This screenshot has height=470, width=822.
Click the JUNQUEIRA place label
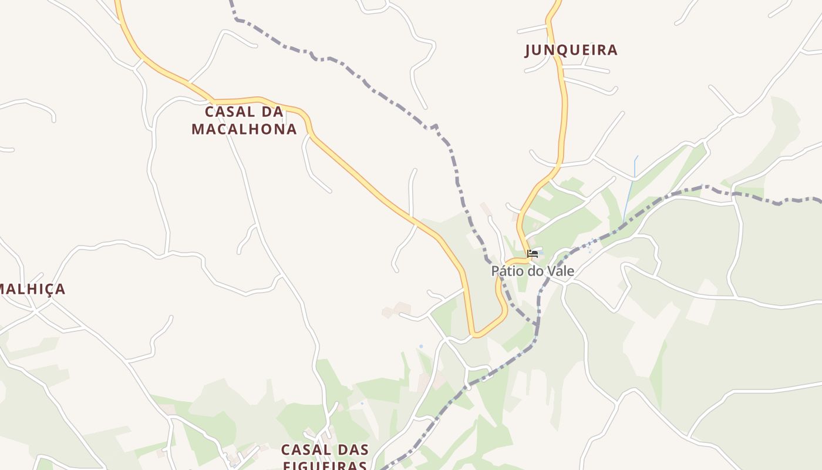pos(571,51)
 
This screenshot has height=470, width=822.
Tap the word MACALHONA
pos(244,129)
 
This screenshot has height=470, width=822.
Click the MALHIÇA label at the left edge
pos(32,289)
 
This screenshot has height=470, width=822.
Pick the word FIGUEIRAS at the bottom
pos(325,465)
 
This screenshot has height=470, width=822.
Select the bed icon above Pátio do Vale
pos(533,254)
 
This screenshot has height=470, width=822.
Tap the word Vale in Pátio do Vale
pos(560,271)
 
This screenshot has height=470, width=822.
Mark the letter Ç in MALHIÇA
pos(46,289)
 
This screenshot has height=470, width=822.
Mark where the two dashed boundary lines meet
pos(537,325)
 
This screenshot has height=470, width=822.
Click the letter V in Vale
pos(551,271)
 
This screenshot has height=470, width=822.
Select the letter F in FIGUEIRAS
pos(287,465)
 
